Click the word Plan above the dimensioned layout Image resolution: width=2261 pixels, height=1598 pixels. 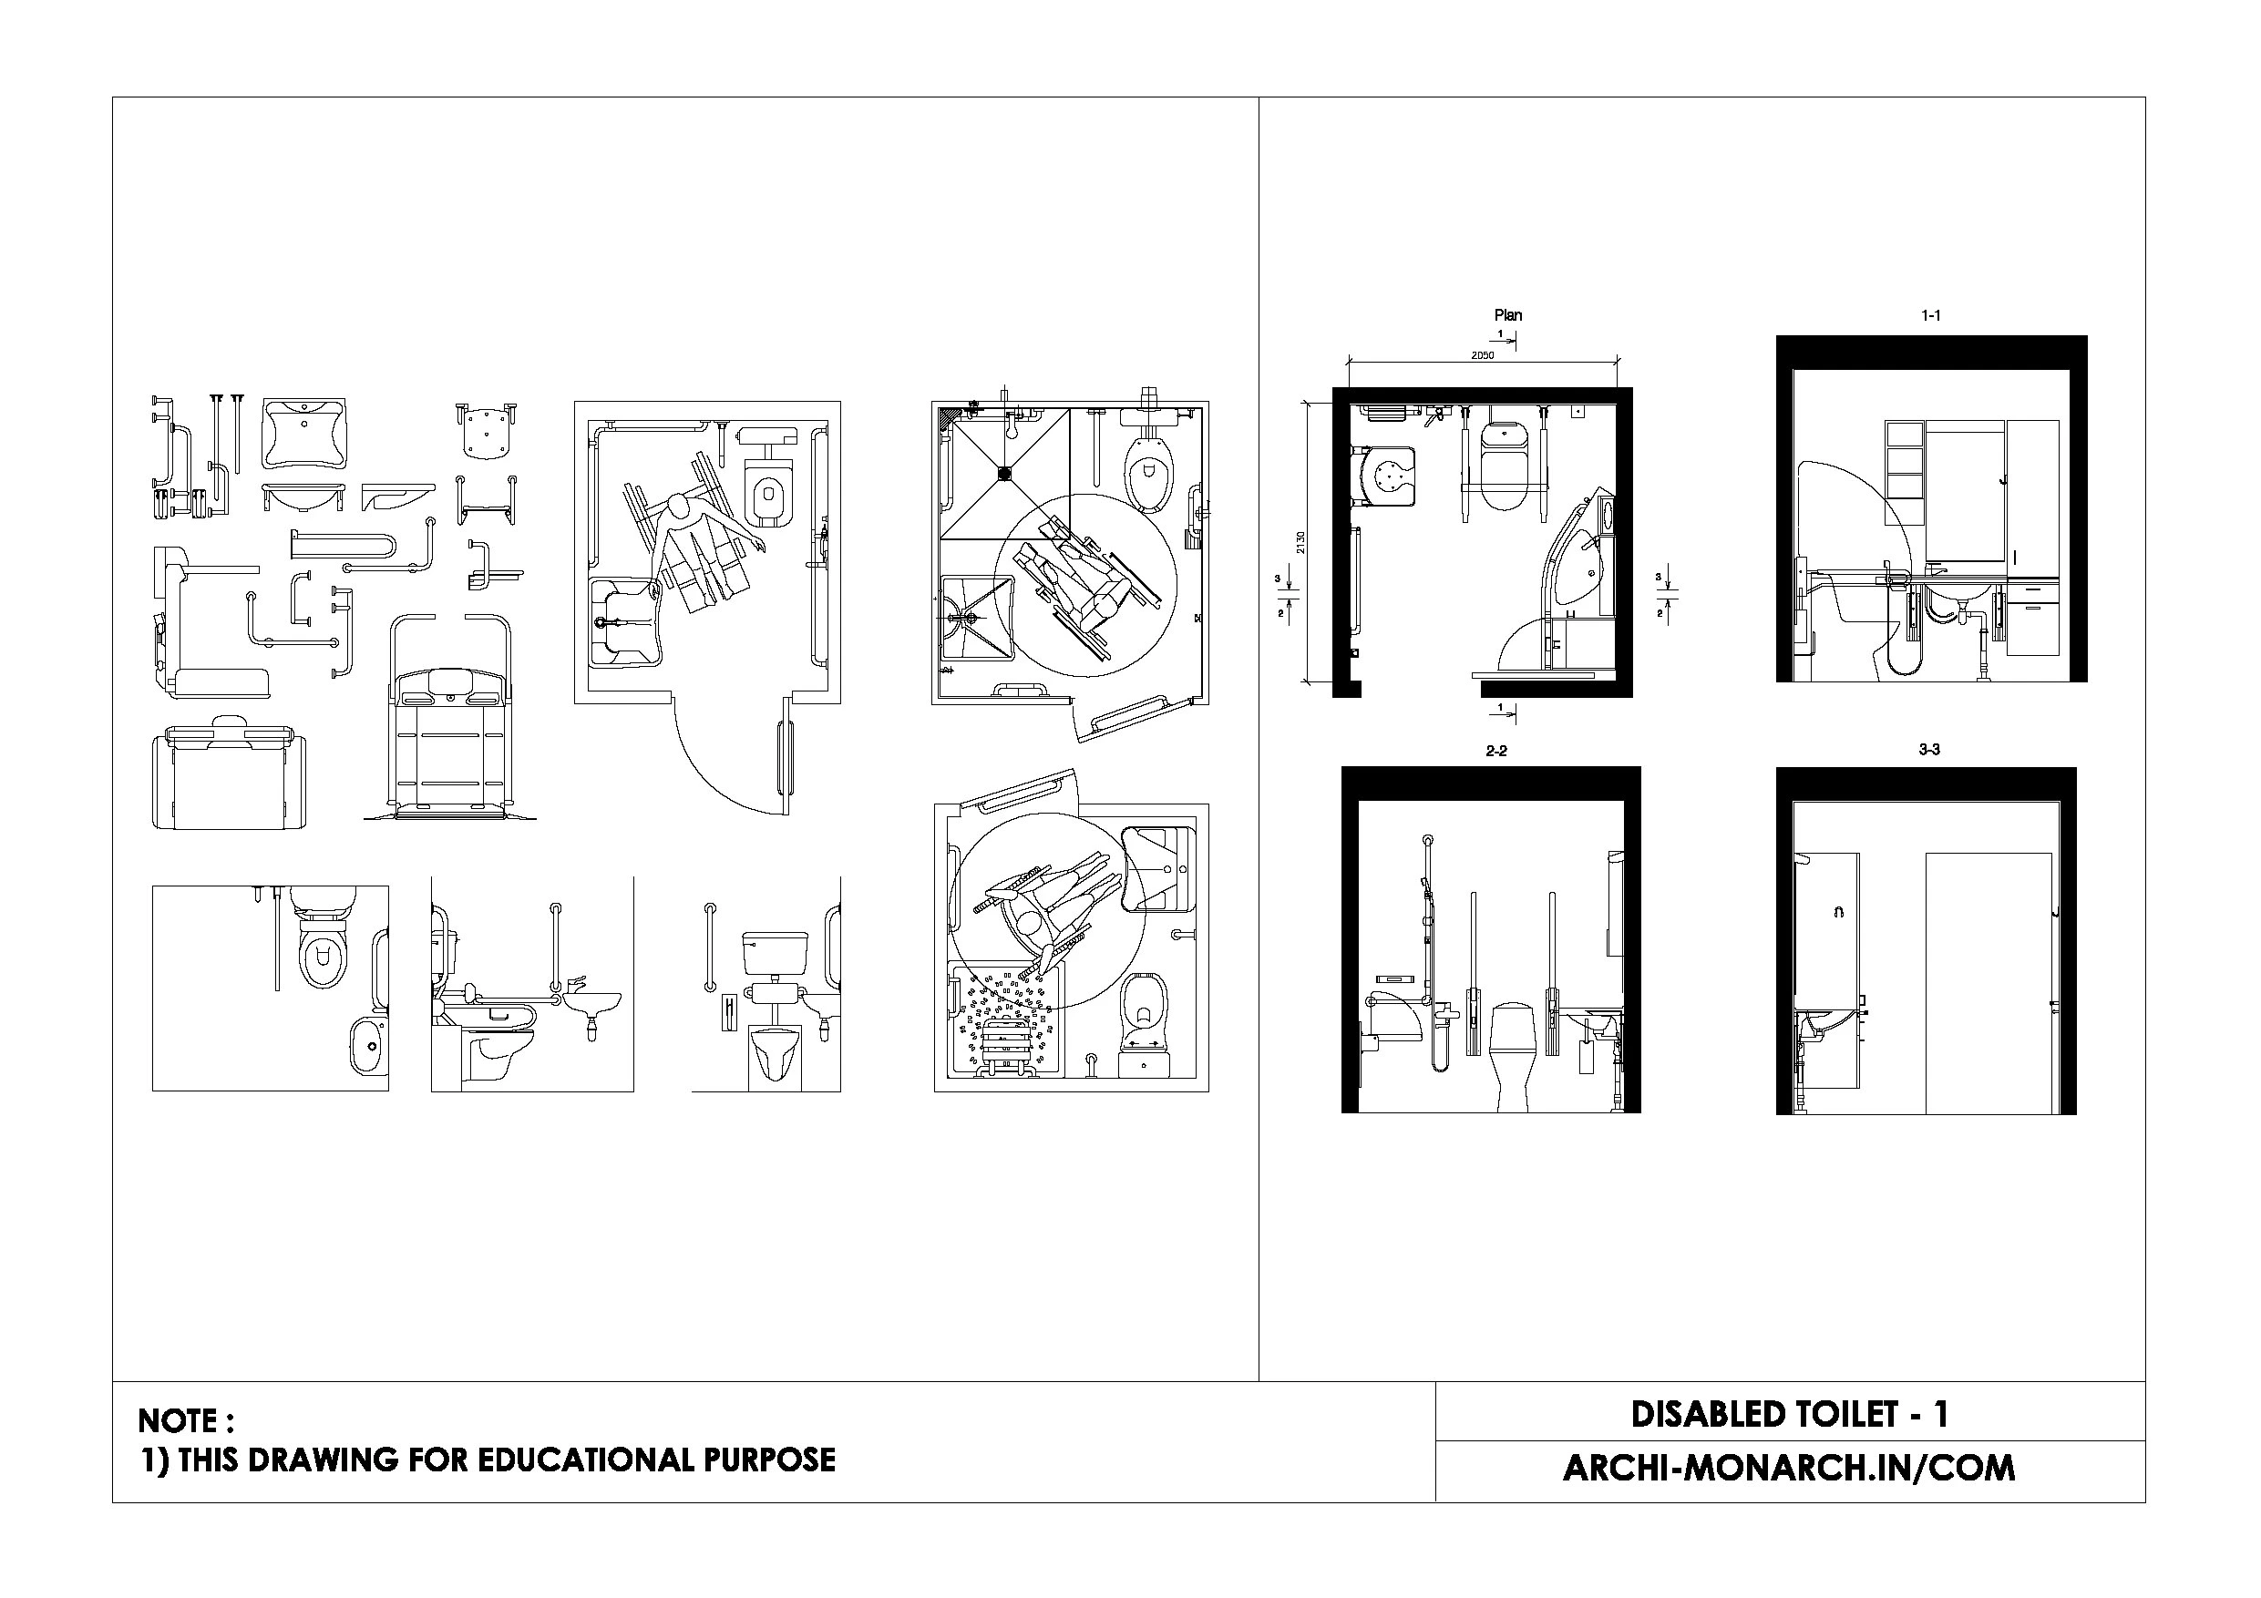1507,315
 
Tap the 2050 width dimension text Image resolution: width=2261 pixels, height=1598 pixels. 1482,355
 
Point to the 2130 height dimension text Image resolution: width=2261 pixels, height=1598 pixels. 1300,542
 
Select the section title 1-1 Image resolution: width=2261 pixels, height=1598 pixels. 1930,316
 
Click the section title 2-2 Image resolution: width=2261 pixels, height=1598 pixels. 1495,752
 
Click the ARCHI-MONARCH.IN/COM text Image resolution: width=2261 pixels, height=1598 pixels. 1789,1468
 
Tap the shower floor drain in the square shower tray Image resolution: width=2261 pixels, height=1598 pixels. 1004,474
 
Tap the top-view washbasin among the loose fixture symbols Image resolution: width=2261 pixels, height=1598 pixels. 305,435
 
